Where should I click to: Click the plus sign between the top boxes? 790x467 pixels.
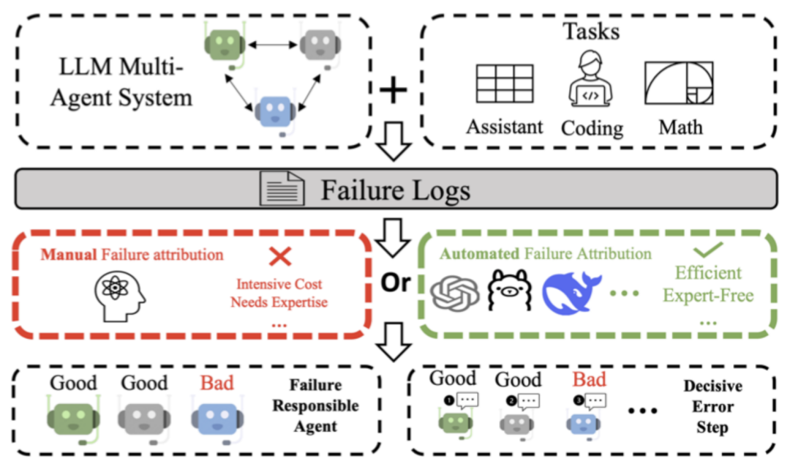394,91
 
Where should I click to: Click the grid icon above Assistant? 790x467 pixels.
505,83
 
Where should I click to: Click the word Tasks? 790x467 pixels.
590,31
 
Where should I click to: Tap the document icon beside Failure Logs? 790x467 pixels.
283,190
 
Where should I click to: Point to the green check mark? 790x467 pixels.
708,250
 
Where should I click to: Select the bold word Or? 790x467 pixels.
396,283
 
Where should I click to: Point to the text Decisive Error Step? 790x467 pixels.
712,407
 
